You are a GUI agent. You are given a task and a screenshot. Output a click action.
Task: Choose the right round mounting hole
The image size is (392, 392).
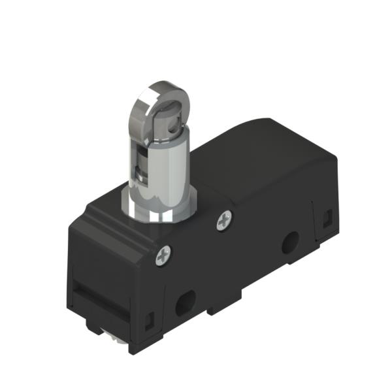click(x=288, y=246)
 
